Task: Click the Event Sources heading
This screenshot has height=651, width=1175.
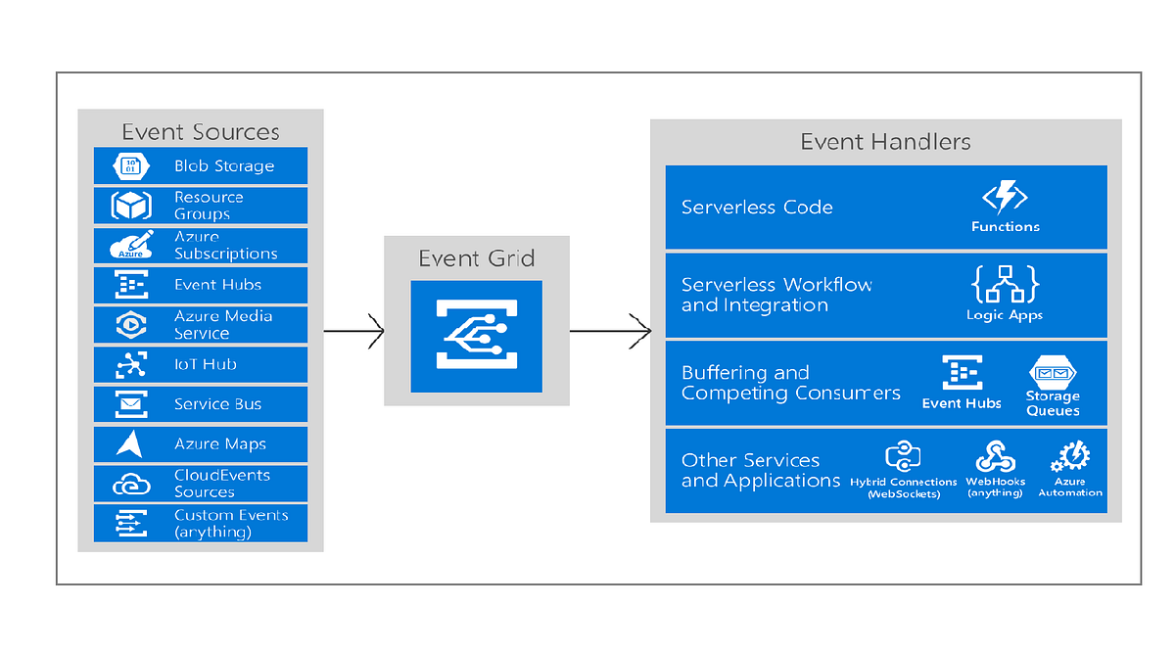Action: click(200, 132)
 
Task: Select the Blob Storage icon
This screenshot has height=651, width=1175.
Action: click(129, 166)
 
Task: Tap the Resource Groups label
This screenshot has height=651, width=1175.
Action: click(209, 206)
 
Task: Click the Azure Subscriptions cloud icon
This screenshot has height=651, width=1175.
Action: click(130, 246)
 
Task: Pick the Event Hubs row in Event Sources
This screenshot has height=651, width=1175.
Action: click(201, 285)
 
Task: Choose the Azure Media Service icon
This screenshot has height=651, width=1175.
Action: click(129, 325)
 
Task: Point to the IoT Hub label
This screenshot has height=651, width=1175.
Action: click(206, 364)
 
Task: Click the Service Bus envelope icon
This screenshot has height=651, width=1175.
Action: click(129, 404)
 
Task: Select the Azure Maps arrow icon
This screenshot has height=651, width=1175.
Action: click(129, 444)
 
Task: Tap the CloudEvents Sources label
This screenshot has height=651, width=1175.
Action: click(222, 484)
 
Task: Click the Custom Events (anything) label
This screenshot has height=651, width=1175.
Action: click(231, 524)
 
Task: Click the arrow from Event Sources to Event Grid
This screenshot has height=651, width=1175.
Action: click(353, 332)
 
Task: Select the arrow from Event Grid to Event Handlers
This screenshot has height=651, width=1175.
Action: click(610, 331)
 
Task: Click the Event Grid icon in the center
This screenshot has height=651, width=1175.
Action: click(475, 336)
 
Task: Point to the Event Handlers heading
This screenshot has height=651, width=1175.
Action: click(885, 142)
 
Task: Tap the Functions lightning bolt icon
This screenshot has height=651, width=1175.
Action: click(1005, 198)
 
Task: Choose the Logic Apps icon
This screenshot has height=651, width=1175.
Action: click(1005, 284)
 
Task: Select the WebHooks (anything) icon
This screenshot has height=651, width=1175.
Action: click(995, 457)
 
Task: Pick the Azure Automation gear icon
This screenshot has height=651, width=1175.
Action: click(1070, 457)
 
